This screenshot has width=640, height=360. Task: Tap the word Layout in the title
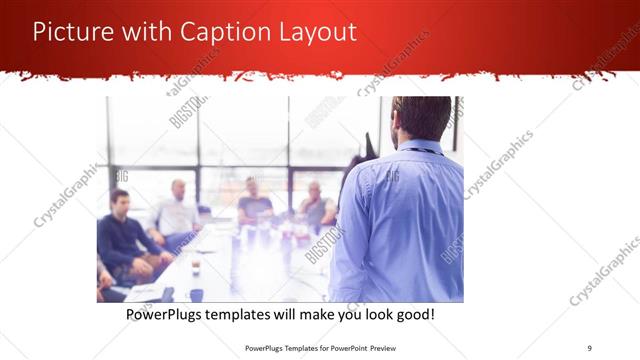[x=318, y=32]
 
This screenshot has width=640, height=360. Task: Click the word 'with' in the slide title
[x=147, y=32]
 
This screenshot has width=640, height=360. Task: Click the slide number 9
[x=589, y=347]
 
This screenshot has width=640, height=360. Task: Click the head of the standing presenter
[x=421, y=118]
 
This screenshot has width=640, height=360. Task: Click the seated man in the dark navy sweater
[x=121, y=230]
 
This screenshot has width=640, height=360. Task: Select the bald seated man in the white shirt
[x=177, y=210]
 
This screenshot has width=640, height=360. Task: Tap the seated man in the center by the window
[x=253, y=202]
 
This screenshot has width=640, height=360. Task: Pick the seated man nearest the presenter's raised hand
[x=316, y=205]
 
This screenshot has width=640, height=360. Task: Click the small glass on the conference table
[x=195, y=267]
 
